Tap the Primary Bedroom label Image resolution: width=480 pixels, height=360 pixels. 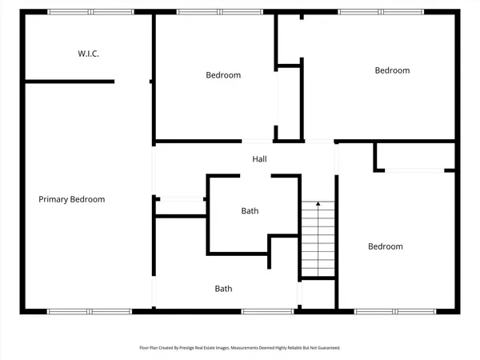(72, 199)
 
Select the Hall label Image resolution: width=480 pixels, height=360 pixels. (259, 159)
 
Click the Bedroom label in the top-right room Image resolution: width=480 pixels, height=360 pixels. (392, 70)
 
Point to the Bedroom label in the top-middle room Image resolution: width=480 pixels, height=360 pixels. (223, 75)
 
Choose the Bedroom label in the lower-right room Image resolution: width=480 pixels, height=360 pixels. (385, 246)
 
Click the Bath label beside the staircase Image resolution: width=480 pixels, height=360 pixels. (250, 211)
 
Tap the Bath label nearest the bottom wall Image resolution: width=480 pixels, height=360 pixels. (223, 288)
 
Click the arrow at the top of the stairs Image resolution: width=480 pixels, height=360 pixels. (318, 205)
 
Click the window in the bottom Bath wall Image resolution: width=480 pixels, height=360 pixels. (267, 310)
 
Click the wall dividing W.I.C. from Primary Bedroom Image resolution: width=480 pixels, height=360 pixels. (69, 81)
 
